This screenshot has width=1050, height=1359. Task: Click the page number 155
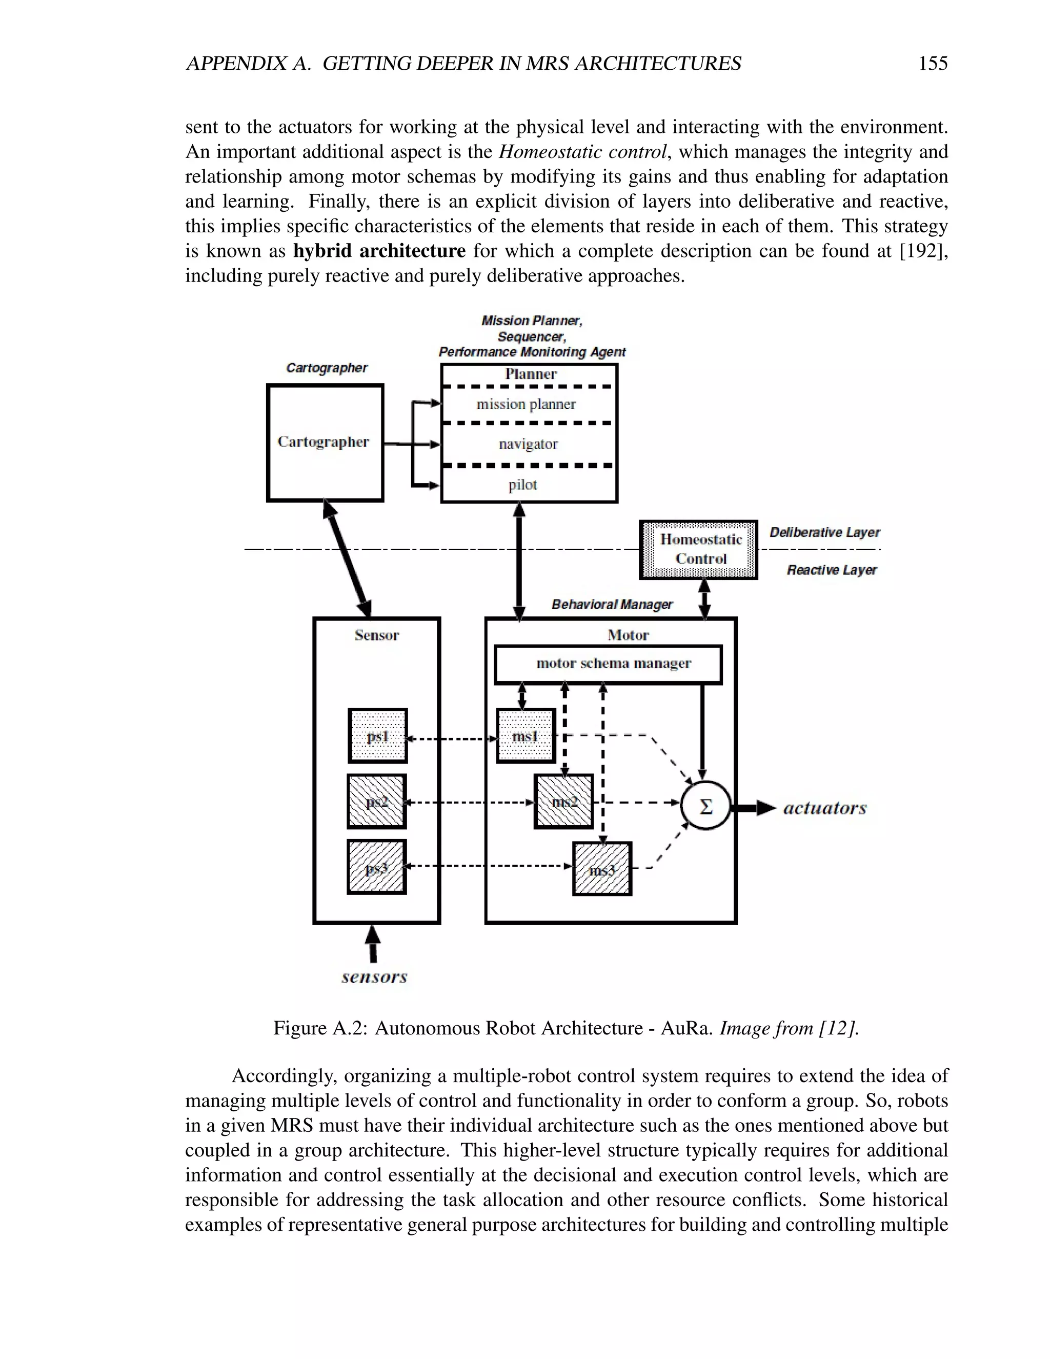[x=933, y=64]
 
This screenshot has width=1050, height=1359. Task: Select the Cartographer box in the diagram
[x=325, y=443]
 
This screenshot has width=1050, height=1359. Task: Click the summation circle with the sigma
[x=705, y=807]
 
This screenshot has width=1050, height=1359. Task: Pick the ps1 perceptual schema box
[x=377, y=736]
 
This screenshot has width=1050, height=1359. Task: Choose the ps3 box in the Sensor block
[x=377, y=867]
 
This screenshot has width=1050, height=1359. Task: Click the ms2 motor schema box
[x=563, y=802]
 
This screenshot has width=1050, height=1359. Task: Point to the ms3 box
[x=601, y=869]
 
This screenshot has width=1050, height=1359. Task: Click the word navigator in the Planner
[x=528, y=444]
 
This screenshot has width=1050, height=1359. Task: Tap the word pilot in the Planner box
[x=522, y=485]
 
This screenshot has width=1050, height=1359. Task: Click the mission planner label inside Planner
[x=526, y=405]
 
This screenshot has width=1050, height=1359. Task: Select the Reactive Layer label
[x=832, y=570]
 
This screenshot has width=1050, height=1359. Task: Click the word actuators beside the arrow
[x=824, y=808]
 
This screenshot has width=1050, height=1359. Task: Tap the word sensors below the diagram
[x=374, y=977]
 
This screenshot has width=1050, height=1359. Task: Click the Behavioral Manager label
[x=612, y=604]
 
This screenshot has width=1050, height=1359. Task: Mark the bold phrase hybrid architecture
[x=379, y=251]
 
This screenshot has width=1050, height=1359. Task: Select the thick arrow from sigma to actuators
[x=753, y=808]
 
